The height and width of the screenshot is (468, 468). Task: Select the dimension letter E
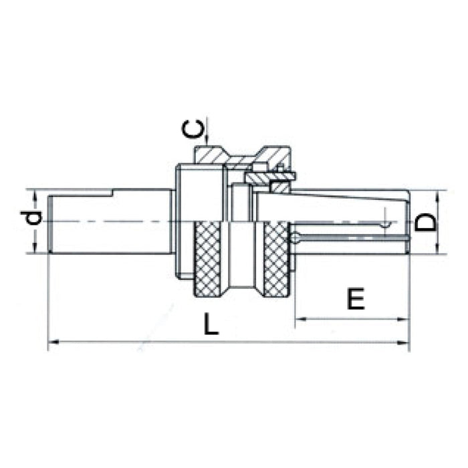coord(356,299)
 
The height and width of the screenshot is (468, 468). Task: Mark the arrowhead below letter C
coord(209,140)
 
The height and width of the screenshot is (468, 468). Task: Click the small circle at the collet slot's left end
coord(295,237)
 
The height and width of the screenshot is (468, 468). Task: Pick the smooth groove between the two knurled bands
coord(243,257)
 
